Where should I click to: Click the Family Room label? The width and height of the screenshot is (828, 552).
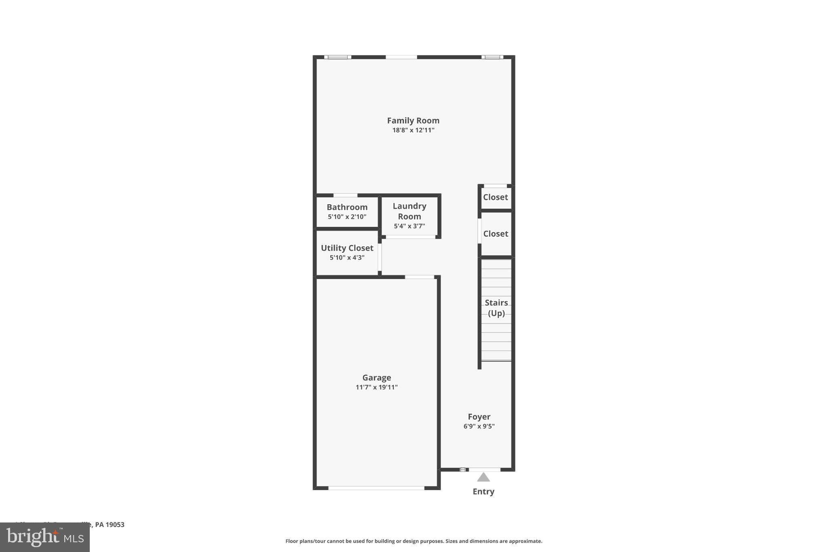[x=413, y=121]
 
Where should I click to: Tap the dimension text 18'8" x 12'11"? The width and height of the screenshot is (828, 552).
[x=413, y=130]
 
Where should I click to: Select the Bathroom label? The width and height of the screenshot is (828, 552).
[x=347, y=207]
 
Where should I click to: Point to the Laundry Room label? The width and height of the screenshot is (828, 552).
[x=409, y=211]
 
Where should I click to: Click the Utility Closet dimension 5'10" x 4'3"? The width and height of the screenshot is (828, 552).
[x=347, y=258]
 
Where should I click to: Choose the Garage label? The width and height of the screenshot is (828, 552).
[x=376, y=378]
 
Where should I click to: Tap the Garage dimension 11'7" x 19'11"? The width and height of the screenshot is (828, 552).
[x=376, y=387]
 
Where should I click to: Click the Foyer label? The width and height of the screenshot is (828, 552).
[x=479, y=417]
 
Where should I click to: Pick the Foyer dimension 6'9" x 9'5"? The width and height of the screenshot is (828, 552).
[x=479, y=426]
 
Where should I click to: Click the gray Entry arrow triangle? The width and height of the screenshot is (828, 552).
[x=483, y=478]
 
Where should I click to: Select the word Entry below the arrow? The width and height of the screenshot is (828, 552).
[x=483, y=491]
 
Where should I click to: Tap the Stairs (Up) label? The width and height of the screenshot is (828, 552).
[x=496, y=308]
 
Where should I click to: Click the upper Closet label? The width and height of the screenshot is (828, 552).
[x=495, y=197]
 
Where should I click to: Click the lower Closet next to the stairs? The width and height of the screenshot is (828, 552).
[x=495, y=234]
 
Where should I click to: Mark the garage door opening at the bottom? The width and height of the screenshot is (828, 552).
[x=376, y=488]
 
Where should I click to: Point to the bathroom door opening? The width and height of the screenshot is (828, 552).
[x=345, y=195]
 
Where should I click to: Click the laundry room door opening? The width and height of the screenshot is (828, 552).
[x=410, y=237]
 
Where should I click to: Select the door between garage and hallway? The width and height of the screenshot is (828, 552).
[x=419, y=277]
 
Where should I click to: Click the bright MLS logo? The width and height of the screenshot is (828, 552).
[x=45, y=537]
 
